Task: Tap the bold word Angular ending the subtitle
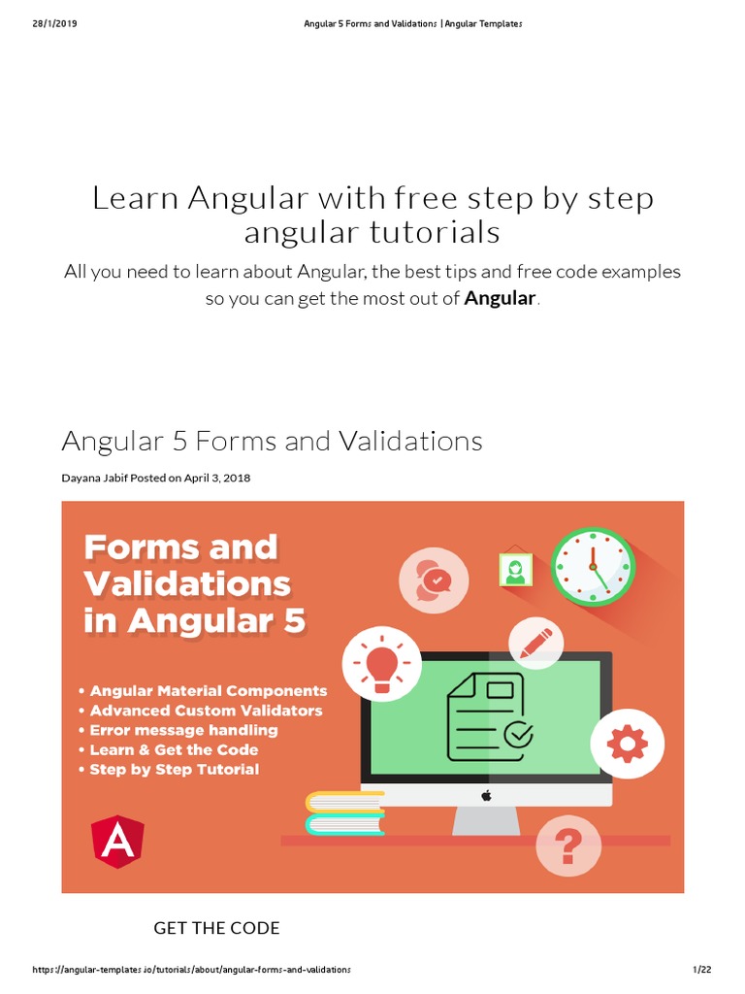500,298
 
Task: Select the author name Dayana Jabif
96,478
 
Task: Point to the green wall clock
593,566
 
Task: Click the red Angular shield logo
118,841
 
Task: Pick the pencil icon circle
536,641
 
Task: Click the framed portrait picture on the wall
515,570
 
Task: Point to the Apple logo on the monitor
486,795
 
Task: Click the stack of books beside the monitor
344,813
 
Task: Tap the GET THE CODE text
216,928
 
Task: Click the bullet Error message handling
183,730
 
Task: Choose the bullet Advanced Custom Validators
206,711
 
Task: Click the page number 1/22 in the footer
702,970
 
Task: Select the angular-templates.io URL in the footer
191,970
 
